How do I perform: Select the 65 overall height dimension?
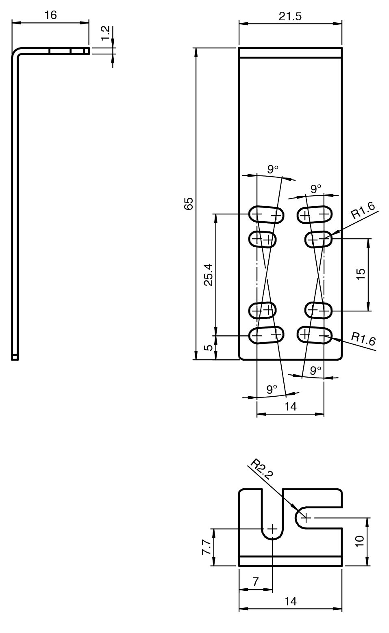[x=189, y=203]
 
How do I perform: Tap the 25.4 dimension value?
[x=209, y=275]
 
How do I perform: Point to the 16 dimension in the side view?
[x=51, y=15]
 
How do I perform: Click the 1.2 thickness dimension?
[x=105, y=33]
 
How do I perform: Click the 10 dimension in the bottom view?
[x=360, y=542]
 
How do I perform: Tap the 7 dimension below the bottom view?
[x=255, y=581]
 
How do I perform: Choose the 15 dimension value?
[x=361, y=274]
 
